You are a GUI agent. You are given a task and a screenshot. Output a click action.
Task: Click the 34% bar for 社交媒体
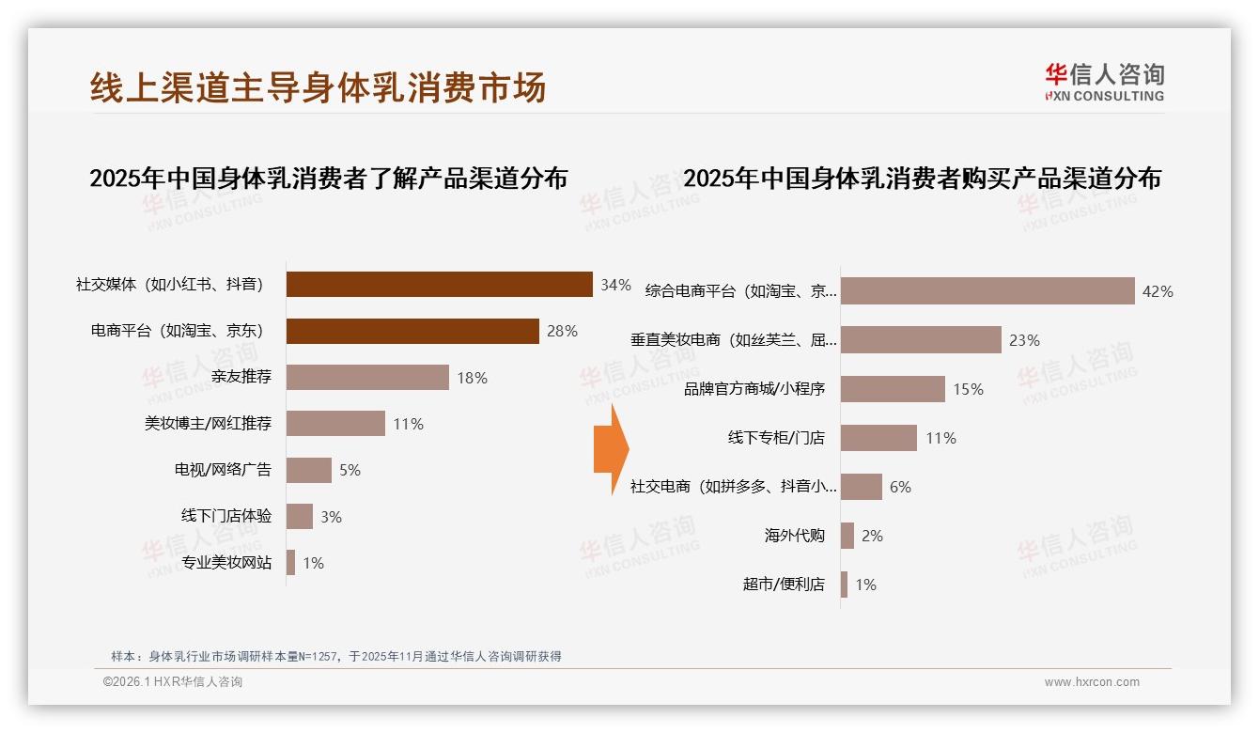tap(439, 285)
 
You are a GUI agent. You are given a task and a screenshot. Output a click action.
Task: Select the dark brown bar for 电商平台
tap(412, 331)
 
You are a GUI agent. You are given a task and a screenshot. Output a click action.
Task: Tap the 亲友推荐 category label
tap(241, 377)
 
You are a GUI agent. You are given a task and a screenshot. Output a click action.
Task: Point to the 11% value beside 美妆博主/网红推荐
tap(408, 424)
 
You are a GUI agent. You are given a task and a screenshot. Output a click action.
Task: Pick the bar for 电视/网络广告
tap(308, 470)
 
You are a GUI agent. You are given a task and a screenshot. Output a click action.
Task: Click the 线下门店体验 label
tap(225, 516)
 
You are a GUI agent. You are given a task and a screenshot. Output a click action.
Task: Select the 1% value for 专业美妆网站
tap(313, 563)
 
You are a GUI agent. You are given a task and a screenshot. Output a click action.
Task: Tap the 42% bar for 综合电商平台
tap(987, 291)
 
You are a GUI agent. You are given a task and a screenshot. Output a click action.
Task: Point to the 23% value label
tap(1024, 340)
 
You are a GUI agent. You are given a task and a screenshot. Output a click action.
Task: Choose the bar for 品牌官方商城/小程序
tap(893, 389)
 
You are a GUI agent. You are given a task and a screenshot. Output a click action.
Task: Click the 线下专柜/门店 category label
tap(776, 438)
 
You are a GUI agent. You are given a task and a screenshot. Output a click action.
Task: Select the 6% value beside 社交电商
tap(900, 487)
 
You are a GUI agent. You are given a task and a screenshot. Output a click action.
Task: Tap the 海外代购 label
tap(794, 536)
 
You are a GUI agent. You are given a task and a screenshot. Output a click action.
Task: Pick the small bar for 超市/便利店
tap(844, 585)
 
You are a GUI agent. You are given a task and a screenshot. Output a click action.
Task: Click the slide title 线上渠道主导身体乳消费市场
tap(318, 87)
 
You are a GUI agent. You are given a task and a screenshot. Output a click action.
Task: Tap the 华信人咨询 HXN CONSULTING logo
tap(1104, 83)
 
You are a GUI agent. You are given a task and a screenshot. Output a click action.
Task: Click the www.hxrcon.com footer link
tap(1092, 682)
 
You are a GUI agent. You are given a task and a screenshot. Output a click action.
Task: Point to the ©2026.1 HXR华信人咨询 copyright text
tap(172, 682)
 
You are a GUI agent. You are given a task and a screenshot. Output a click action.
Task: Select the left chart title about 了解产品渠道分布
tap(328, 178)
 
